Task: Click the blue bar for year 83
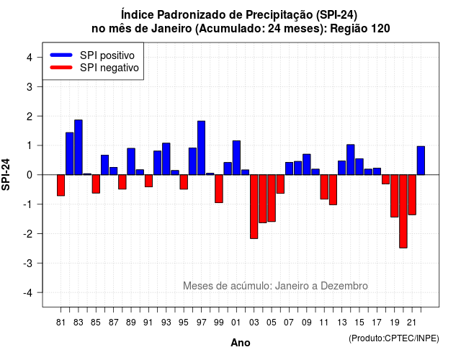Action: coord(79,147)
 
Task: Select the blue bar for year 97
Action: coord(201,148)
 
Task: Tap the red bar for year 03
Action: coord(254,207)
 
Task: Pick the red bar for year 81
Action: coord(61,185)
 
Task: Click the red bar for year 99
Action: coord(219,189)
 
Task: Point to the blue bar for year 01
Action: coord(236,158)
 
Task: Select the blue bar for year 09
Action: coord(307,164)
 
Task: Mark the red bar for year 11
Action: coord(324,187)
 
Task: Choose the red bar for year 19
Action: coord(395,196)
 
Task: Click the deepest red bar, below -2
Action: coord(403,211)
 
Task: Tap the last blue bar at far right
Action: coord(421,161)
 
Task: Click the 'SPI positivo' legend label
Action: coord(107,55)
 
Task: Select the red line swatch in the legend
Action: coord(61,68)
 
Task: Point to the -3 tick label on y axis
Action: coord(28,263)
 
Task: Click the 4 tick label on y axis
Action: coord(30,58)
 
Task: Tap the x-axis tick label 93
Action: coord(166,323)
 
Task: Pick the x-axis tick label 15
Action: coord(359,323)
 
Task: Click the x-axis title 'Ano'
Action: coord(241,343)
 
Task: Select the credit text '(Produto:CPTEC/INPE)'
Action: coord(394,338)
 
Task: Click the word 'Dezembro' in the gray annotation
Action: coord(344,286)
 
